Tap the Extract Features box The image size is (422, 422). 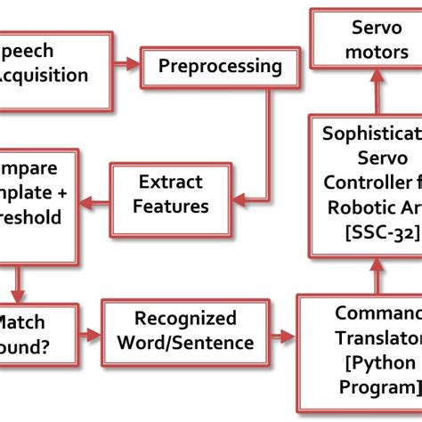[173, 194]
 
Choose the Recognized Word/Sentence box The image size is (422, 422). [184, 330]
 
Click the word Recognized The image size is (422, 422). [184, 318]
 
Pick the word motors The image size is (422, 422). [365, 53]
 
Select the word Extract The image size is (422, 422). [170, 183]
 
